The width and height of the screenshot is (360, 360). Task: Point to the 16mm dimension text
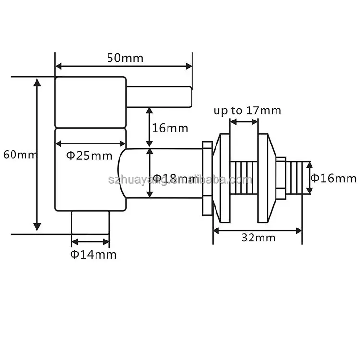click(x=170, y=128)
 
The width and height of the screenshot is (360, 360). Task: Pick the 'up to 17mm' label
click(x=247, y=110)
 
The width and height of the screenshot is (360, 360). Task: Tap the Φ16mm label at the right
click(x=334, y=179)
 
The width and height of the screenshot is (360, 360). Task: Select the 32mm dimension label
click(x=258, y=238)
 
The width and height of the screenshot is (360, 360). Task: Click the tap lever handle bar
click(x=158, y=96)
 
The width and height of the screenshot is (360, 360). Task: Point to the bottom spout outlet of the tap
click(x=91, y=222)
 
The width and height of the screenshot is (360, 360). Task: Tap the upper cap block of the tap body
click(x=90, y=102)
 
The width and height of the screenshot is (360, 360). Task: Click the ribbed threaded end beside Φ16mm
click(x=295, y=178)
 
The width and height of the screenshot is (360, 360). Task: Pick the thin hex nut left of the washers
click(x=207, y=178)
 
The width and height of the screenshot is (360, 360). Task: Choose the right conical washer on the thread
click(x=267, y=178)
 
